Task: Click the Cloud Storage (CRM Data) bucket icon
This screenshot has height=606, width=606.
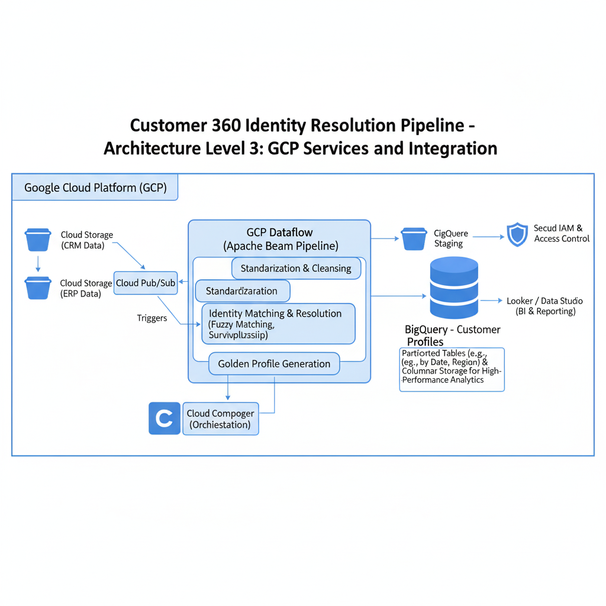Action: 38,240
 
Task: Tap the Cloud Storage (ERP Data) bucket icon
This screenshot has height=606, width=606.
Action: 38,287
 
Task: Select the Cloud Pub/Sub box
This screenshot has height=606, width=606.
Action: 146,283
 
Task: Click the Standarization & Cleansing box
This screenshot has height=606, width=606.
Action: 296,268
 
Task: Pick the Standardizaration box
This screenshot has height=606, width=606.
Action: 243,291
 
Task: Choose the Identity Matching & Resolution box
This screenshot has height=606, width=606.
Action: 278,324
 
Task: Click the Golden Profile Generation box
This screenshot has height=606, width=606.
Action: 274,363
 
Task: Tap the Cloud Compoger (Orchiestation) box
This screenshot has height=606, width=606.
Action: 220,419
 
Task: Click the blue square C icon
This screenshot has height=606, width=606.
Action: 164,419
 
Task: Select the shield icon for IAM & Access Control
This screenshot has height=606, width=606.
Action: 517,234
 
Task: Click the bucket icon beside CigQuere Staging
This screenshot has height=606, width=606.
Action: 414,238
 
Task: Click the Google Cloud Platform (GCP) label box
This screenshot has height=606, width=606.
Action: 95,188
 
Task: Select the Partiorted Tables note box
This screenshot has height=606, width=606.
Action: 452,369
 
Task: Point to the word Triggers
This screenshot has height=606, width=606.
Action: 152,318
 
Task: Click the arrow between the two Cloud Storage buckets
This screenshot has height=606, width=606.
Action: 38,263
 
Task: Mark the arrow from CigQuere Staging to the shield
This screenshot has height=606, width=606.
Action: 488,237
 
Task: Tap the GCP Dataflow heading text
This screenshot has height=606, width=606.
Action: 279,233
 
